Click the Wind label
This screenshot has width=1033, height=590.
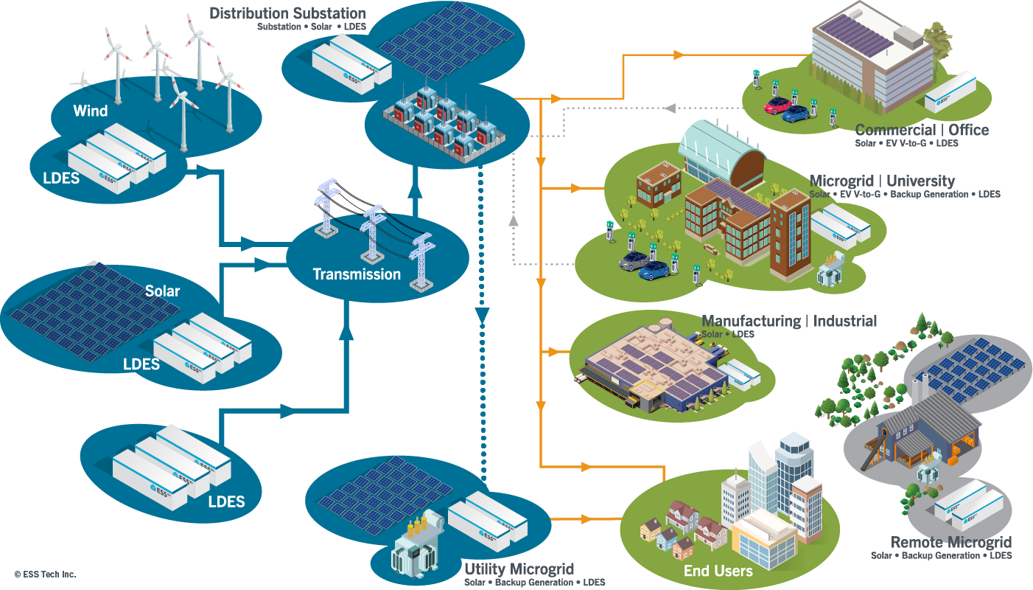click(x=90, y=111)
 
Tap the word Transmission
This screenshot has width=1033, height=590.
click(x=357, y=274)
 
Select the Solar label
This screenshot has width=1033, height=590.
click(x=162, y=291)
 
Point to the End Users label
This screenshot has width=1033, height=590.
click(x=718, y=571)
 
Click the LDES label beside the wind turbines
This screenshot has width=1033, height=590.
click(x=61, y=178)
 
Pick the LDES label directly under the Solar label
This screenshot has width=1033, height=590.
click(x=141, y=364)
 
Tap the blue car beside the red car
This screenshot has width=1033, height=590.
click(x=796, y=113)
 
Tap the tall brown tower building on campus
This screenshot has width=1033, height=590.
click(x=790, y=232)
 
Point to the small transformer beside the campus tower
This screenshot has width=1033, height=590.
click(x=832, y=269)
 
